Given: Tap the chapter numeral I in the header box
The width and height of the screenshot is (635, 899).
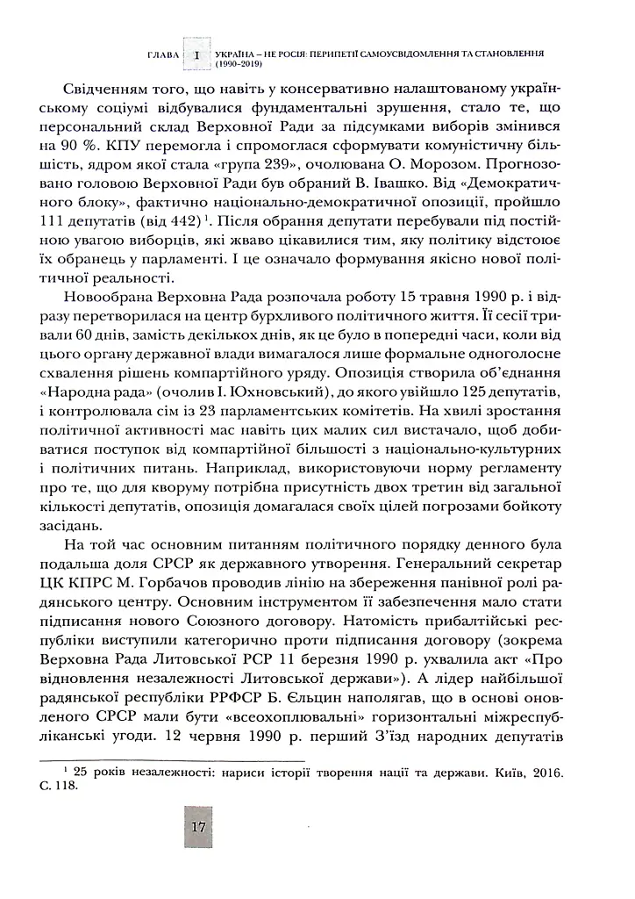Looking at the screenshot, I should [x=197, y=54].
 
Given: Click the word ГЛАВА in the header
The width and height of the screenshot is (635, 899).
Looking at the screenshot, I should [x=164, y=54].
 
